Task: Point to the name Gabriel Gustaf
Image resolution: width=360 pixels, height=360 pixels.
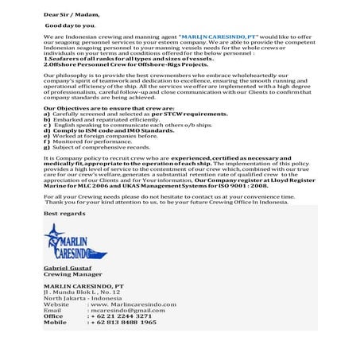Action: pos(64,270)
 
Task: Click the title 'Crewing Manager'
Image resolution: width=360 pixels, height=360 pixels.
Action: pos(66,277)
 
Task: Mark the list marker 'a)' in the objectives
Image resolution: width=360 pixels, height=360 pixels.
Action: pos(46,114)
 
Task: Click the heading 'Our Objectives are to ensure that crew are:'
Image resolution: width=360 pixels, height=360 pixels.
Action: pos(106,107)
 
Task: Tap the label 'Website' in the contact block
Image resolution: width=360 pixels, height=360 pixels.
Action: pos(56,303)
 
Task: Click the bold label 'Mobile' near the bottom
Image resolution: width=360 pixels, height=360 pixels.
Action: pos(55,323)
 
